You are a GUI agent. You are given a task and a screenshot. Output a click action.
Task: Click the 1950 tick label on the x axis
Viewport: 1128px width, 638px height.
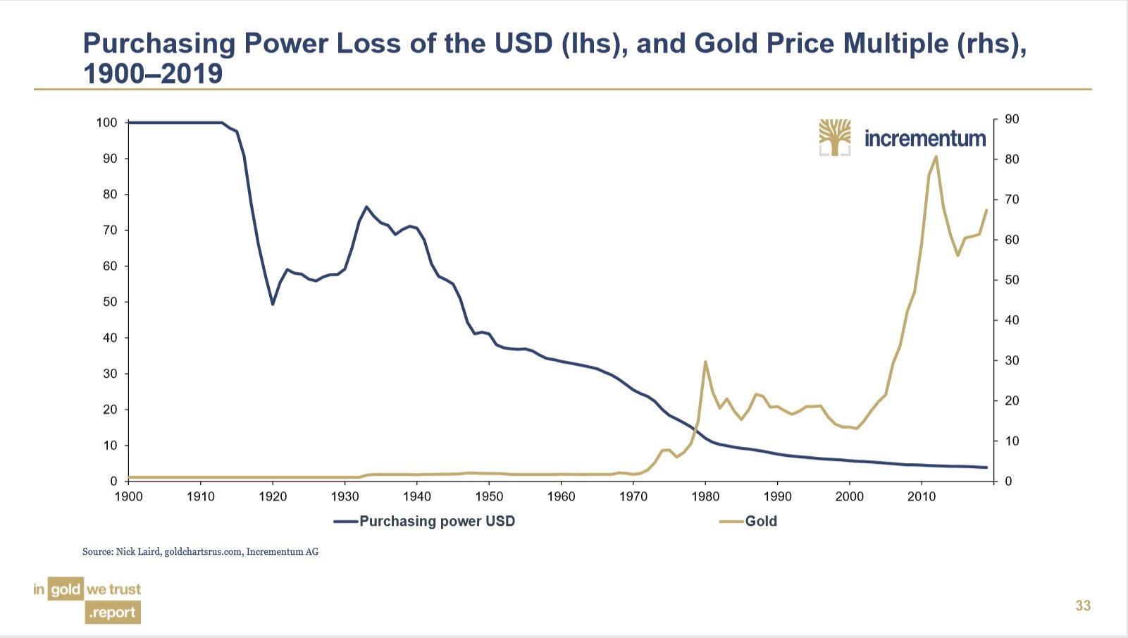coord(489,496)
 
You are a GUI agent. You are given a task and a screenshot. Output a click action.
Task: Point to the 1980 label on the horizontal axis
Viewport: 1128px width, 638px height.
coord(705,496)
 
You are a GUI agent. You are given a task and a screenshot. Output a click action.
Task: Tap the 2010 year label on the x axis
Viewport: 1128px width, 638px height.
coord(922,496)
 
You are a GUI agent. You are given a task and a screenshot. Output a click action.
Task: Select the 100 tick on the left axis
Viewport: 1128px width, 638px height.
coord(106,123)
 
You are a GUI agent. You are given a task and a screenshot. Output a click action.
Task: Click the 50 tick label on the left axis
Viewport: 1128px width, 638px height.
coord(109,302)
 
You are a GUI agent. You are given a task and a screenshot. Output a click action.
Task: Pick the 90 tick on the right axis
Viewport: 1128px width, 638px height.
coord(1012,119)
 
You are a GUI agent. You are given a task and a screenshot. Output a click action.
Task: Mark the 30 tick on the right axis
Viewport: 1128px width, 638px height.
coord(1012,360)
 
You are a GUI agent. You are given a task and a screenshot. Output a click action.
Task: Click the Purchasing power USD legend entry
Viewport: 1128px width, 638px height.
coord(437,521)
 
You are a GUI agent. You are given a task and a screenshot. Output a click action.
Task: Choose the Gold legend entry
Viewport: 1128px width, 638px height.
coord(761,521)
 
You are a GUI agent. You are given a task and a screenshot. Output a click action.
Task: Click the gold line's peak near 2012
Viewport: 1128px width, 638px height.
coord(936,157)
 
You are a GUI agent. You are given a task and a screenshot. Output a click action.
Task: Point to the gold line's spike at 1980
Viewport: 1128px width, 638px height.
coord(705,362)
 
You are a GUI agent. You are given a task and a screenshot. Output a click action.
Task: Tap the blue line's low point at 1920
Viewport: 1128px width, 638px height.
coord(273,304)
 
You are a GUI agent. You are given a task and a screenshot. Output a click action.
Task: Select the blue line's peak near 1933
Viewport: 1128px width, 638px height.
coord(366,207)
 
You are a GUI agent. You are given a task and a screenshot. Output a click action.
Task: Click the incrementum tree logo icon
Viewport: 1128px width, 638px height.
coord(835,137)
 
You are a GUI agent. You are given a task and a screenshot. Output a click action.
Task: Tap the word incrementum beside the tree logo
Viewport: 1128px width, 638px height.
coord(925,138)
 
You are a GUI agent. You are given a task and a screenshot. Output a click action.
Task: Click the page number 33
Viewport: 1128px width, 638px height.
coord(1083,606)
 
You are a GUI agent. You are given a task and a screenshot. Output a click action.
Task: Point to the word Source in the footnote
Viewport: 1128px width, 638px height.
coord(97,551)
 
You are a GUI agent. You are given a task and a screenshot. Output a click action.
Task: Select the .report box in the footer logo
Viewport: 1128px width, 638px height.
coord(113,613)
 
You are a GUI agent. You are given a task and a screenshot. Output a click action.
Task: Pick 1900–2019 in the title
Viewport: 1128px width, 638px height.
coord(153,74)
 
